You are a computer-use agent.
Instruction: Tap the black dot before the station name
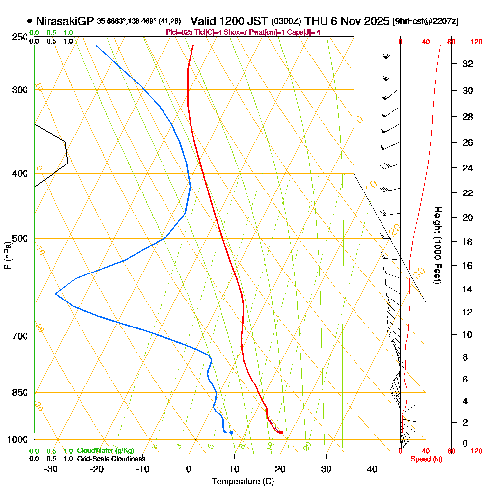tap(30, 21)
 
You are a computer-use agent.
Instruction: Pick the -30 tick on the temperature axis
tap(51, 469)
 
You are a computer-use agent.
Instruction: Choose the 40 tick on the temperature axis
tap(372, 469)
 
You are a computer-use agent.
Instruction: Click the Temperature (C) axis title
tap(243, 482)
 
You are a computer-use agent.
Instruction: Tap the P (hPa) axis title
tap(7, 255)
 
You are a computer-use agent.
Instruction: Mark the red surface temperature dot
tap(281, 433)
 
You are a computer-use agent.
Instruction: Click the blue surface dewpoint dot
tap(231, 432)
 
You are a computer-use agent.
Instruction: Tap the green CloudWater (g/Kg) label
tap(105, 451)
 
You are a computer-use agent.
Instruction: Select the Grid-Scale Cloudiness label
tap(111, 459)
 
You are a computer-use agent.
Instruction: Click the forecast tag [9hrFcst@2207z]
tap(426, 22)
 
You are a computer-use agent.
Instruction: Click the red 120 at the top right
tap(476, 42)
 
